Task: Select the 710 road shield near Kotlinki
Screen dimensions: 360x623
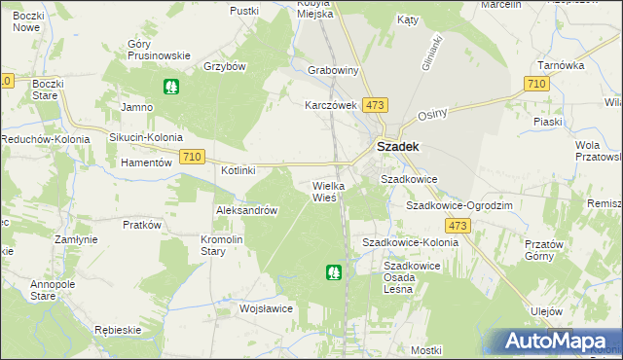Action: (x=192, y=157)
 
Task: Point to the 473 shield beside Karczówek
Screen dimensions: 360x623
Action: (x=376, y=104)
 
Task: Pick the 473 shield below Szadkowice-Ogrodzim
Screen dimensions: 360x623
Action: (x=459, y=226)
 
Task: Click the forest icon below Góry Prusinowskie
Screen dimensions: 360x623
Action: (x=171, y=87)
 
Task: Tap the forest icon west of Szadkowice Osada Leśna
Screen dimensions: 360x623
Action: (x=334, y=273)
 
